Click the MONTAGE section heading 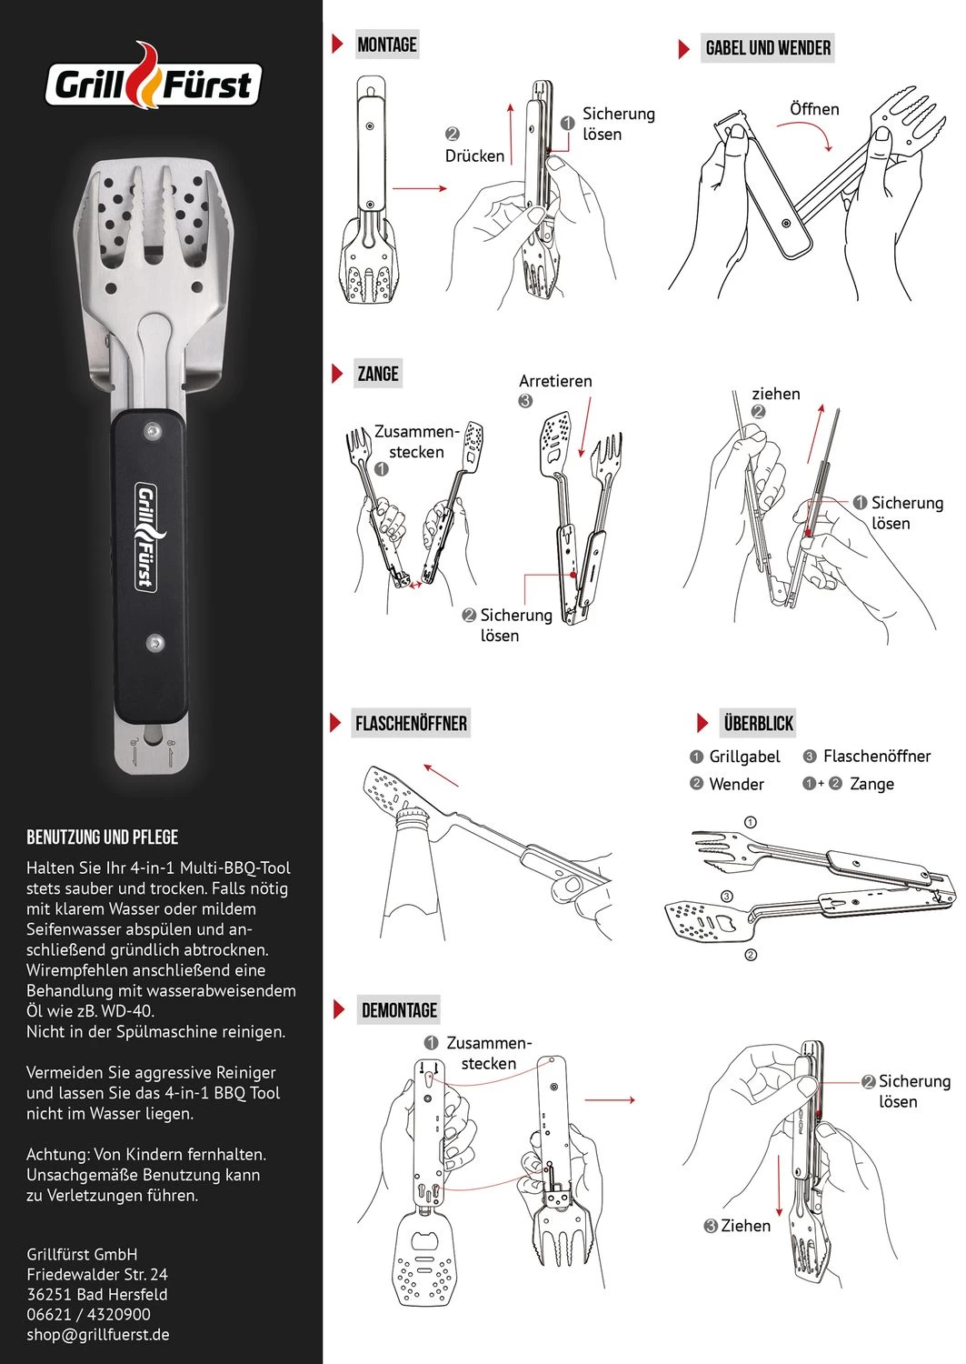(386, 45)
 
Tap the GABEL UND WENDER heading (768, 48)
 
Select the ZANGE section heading (378, 374)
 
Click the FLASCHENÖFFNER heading (411, 724)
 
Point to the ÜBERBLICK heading (758, 724)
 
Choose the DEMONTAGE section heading (399, 1010)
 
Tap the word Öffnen (814, 109)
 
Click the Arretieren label (555, 381)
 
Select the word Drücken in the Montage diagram (474, 155)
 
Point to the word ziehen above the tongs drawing (776, 394)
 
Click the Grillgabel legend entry (744, 757)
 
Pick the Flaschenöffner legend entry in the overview (876, 757)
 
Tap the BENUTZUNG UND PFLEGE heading (102, 837)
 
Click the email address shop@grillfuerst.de (98, 1335)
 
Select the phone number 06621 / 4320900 (88, 1314)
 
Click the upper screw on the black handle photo (154, 430)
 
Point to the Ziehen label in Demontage (745, 1226)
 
